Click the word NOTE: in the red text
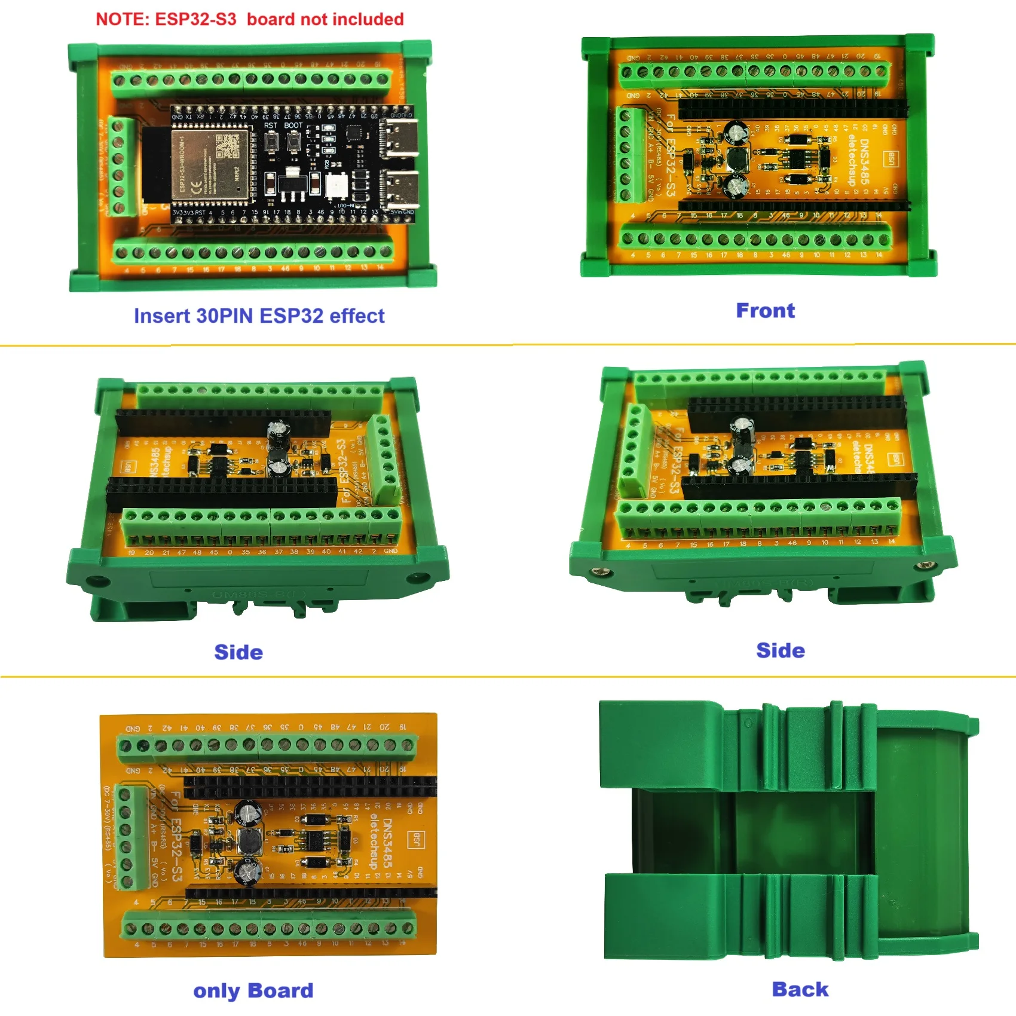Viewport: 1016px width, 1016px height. (122, 20)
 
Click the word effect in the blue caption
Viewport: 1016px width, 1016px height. (357, 316)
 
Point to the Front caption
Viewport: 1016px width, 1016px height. (765, 311)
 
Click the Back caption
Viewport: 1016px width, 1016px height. (800, 989)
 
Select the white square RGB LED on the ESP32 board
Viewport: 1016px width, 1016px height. (336, 186)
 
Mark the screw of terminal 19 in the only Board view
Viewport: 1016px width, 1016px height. (408, 745)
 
